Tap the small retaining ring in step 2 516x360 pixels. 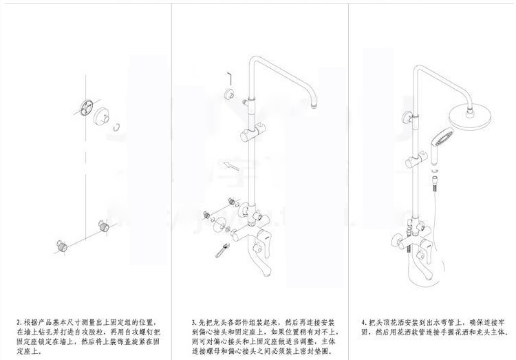click(x=118, y=125)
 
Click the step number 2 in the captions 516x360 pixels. click(x=18, y=321)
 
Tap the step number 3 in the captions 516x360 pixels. click(x=193, y=321)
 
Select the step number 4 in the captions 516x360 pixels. click(x=363, y=321)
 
